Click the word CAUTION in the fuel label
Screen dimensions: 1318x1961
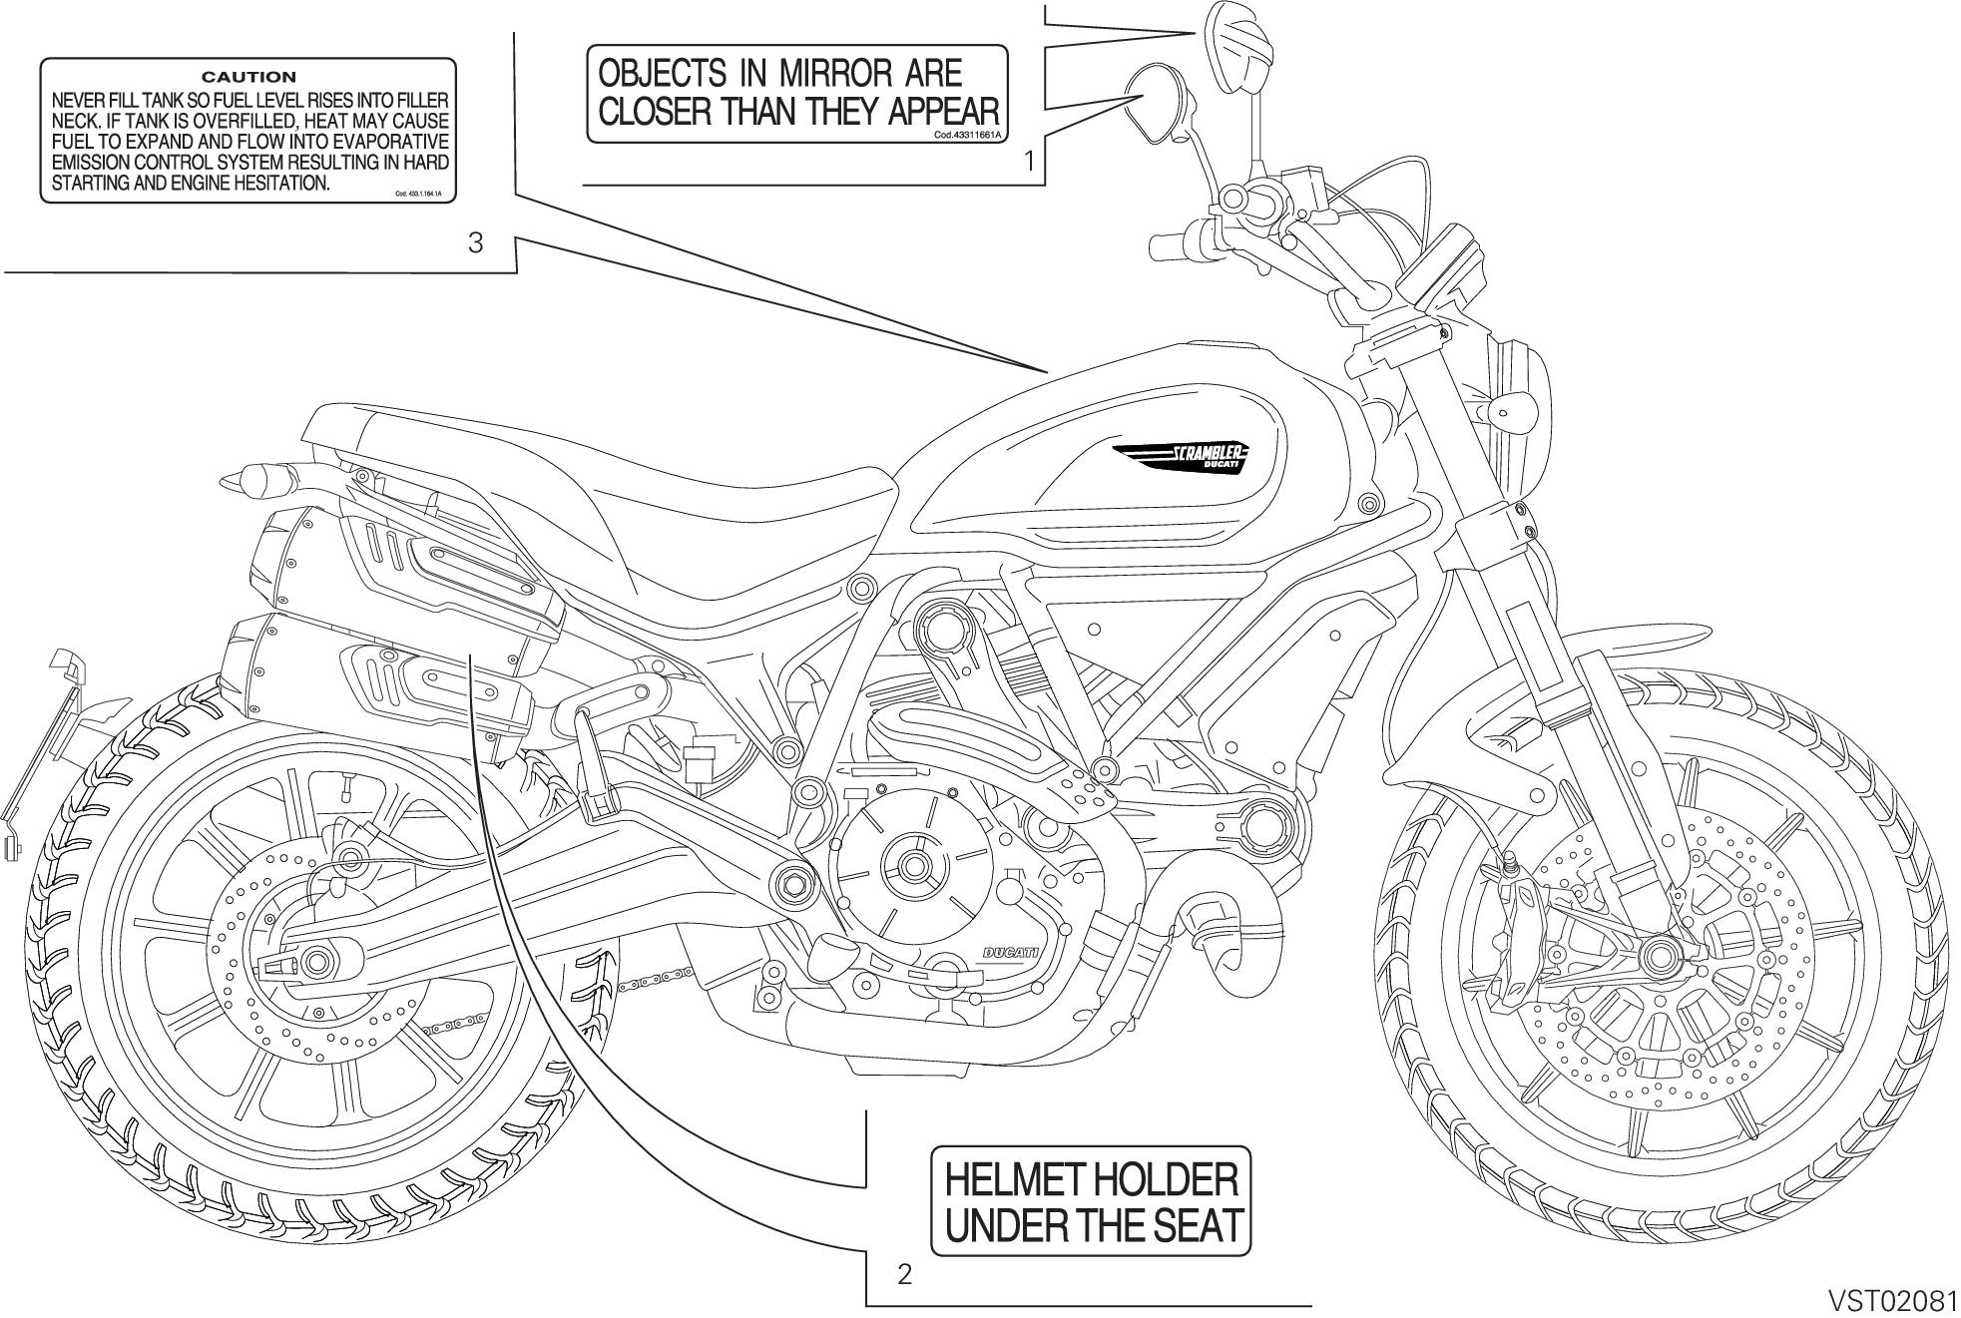pyautogui.click(x=248, y=77)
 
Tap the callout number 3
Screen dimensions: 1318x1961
pyautogui.click(x=476, y=242)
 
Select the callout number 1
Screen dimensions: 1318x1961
pyautogui.click(x=1029, y=160)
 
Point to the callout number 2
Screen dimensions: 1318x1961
pyautogui.click(x=904, y=1274)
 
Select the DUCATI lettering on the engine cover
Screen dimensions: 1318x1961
pyautogui.click(x=1010, y=953)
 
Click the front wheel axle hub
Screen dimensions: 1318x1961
pyautogui.click(x=1660, y=952)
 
